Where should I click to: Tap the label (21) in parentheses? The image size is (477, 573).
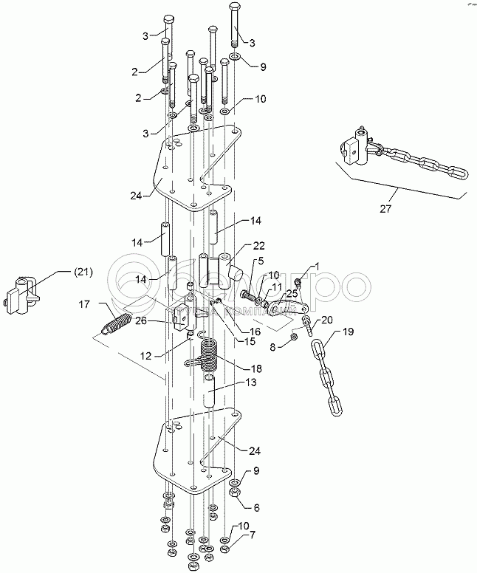(x=83, y=272)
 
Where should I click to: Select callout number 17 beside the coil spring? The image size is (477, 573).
(x=84, y=303)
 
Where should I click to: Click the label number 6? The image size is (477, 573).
(x=257, y=508)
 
